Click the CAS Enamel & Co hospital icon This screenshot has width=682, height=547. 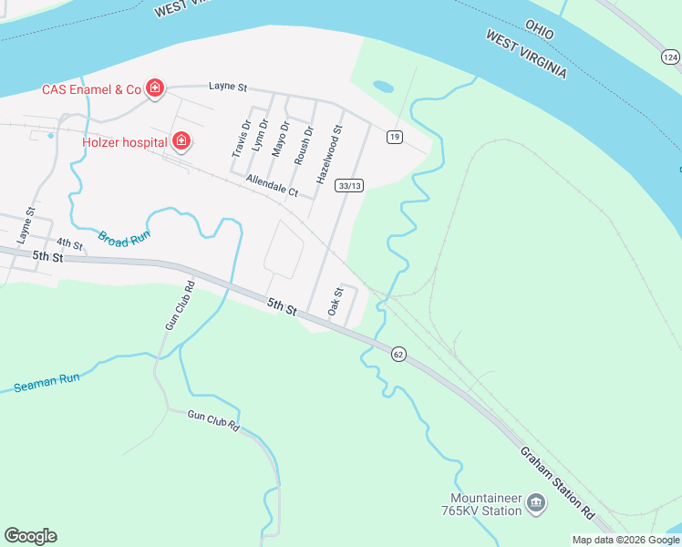155,88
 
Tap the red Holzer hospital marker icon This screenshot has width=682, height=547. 181,140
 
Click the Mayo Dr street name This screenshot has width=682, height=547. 283,139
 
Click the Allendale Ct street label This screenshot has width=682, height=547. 272,187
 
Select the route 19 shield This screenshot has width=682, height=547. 394,137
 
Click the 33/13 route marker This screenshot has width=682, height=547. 349,185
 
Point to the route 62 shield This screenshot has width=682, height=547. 398,354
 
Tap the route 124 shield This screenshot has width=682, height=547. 670,57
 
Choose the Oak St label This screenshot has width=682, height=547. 335,302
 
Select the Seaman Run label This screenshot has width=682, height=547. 46,382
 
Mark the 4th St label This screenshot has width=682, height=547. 69,244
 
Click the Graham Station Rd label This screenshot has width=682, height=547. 558,482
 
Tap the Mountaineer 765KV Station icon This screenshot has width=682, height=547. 536,501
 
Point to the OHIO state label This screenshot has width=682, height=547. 539,29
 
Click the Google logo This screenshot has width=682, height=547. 30,536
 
